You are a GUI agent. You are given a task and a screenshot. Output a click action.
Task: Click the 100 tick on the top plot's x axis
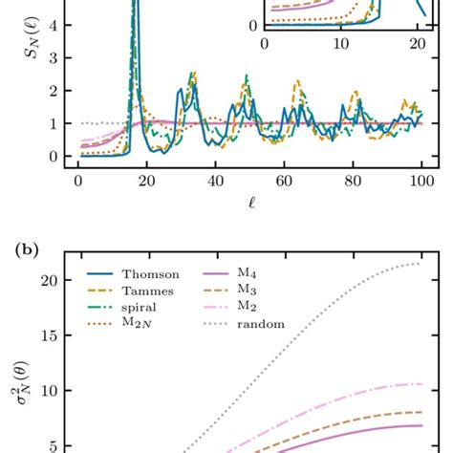pos(421,182)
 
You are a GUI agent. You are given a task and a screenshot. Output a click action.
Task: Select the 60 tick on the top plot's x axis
pos(284,182)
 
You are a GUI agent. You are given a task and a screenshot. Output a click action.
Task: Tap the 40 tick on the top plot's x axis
pos(215,182)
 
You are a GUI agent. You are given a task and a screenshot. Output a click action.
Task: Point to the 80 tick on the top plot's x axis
pos(353,182)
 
